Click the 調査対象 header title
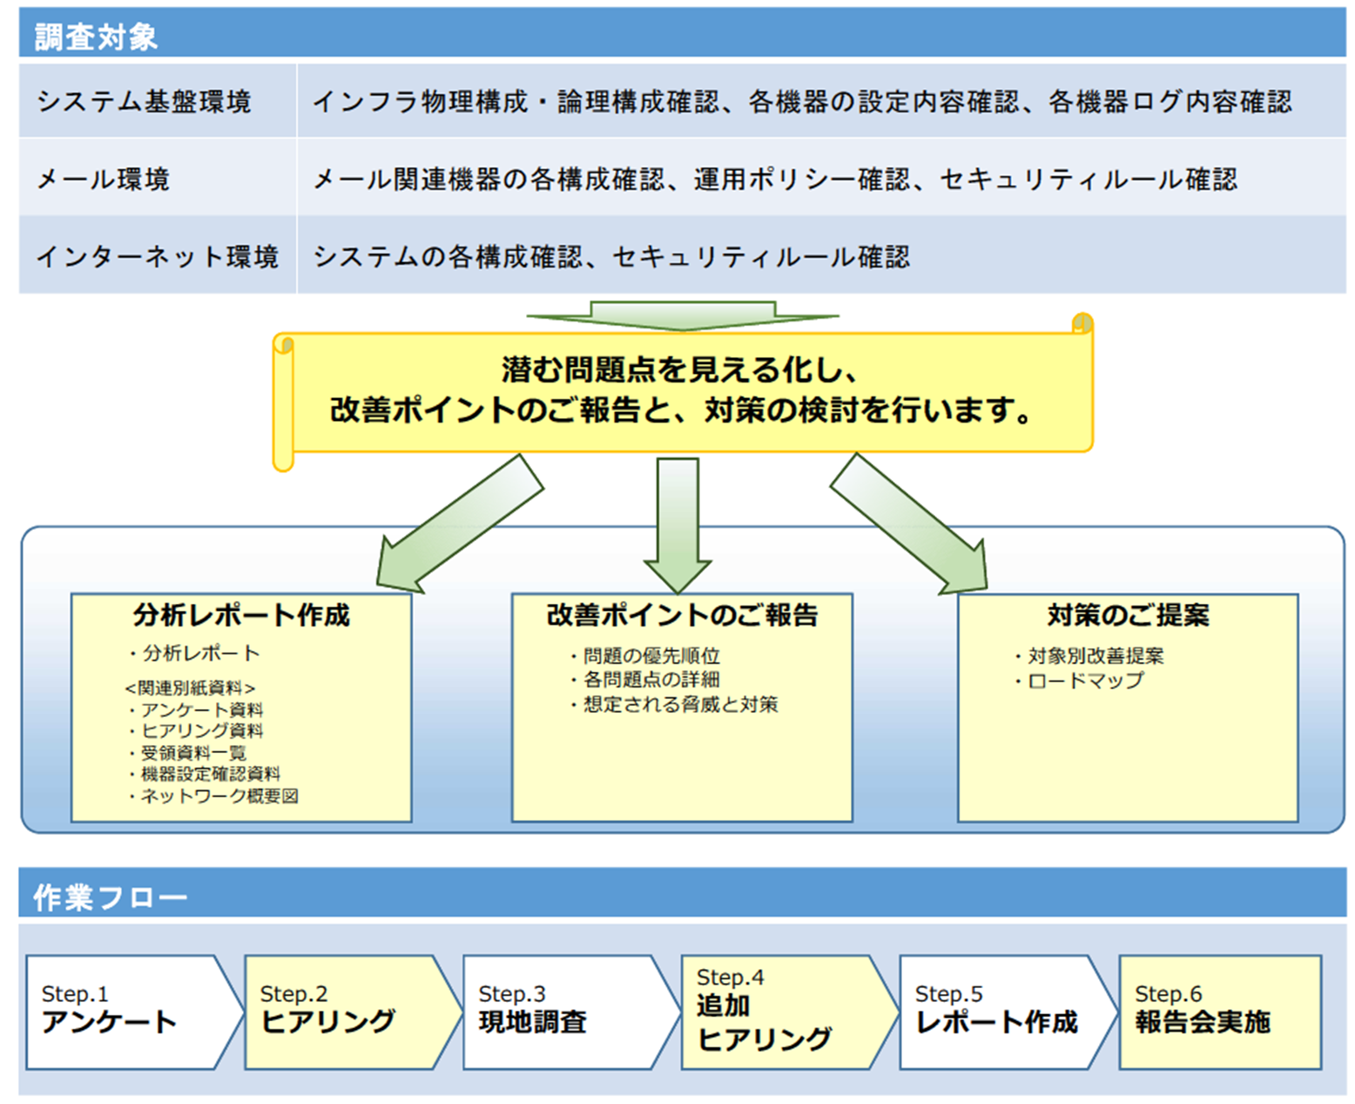(96, 37)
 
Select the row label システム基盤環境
(144, 102)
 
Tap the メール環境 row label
(103, 179)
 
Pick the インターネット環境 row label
(157, 257)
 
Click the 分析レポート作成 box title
(241, 615)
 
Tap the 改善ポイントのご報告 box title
(682, 615)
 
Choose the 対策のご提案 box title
(1128, 615)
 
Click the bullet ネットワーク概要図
(219, 796)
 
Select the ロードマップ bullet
(1085, 681)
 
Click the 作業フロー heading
(110, 897)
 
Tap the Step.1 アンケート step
(122, 1012)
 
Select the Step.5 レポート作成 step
(996, 1012)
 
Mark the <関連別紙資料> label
(190, 687)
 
